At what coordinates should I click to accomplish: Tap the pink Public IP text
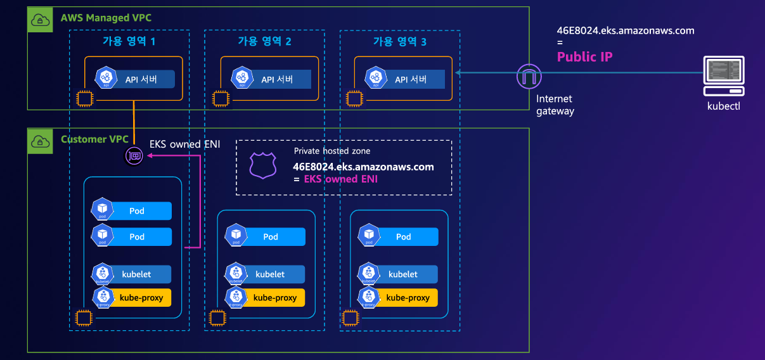[x=584, y=56]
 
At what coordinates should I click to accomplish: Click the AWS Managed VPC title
[x=106, y=18]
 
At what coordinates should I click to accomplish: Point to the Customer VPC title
[x=94, y=139]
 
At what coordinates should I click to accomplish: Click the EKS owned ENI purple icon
[x=134, y=155]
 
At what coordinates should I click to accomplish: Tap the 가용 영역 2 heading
[x=264, y=42]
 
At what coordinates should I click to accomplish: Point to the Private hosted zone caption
[x=332, y=151]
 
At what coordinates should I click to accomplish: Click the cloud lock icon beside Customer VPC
[x=41, y=141]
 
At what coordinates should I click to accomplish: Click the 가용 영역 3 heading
[x=399, y=42]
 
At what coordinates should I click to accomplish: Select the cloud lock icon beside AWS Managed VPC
[x=41, y=20]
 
